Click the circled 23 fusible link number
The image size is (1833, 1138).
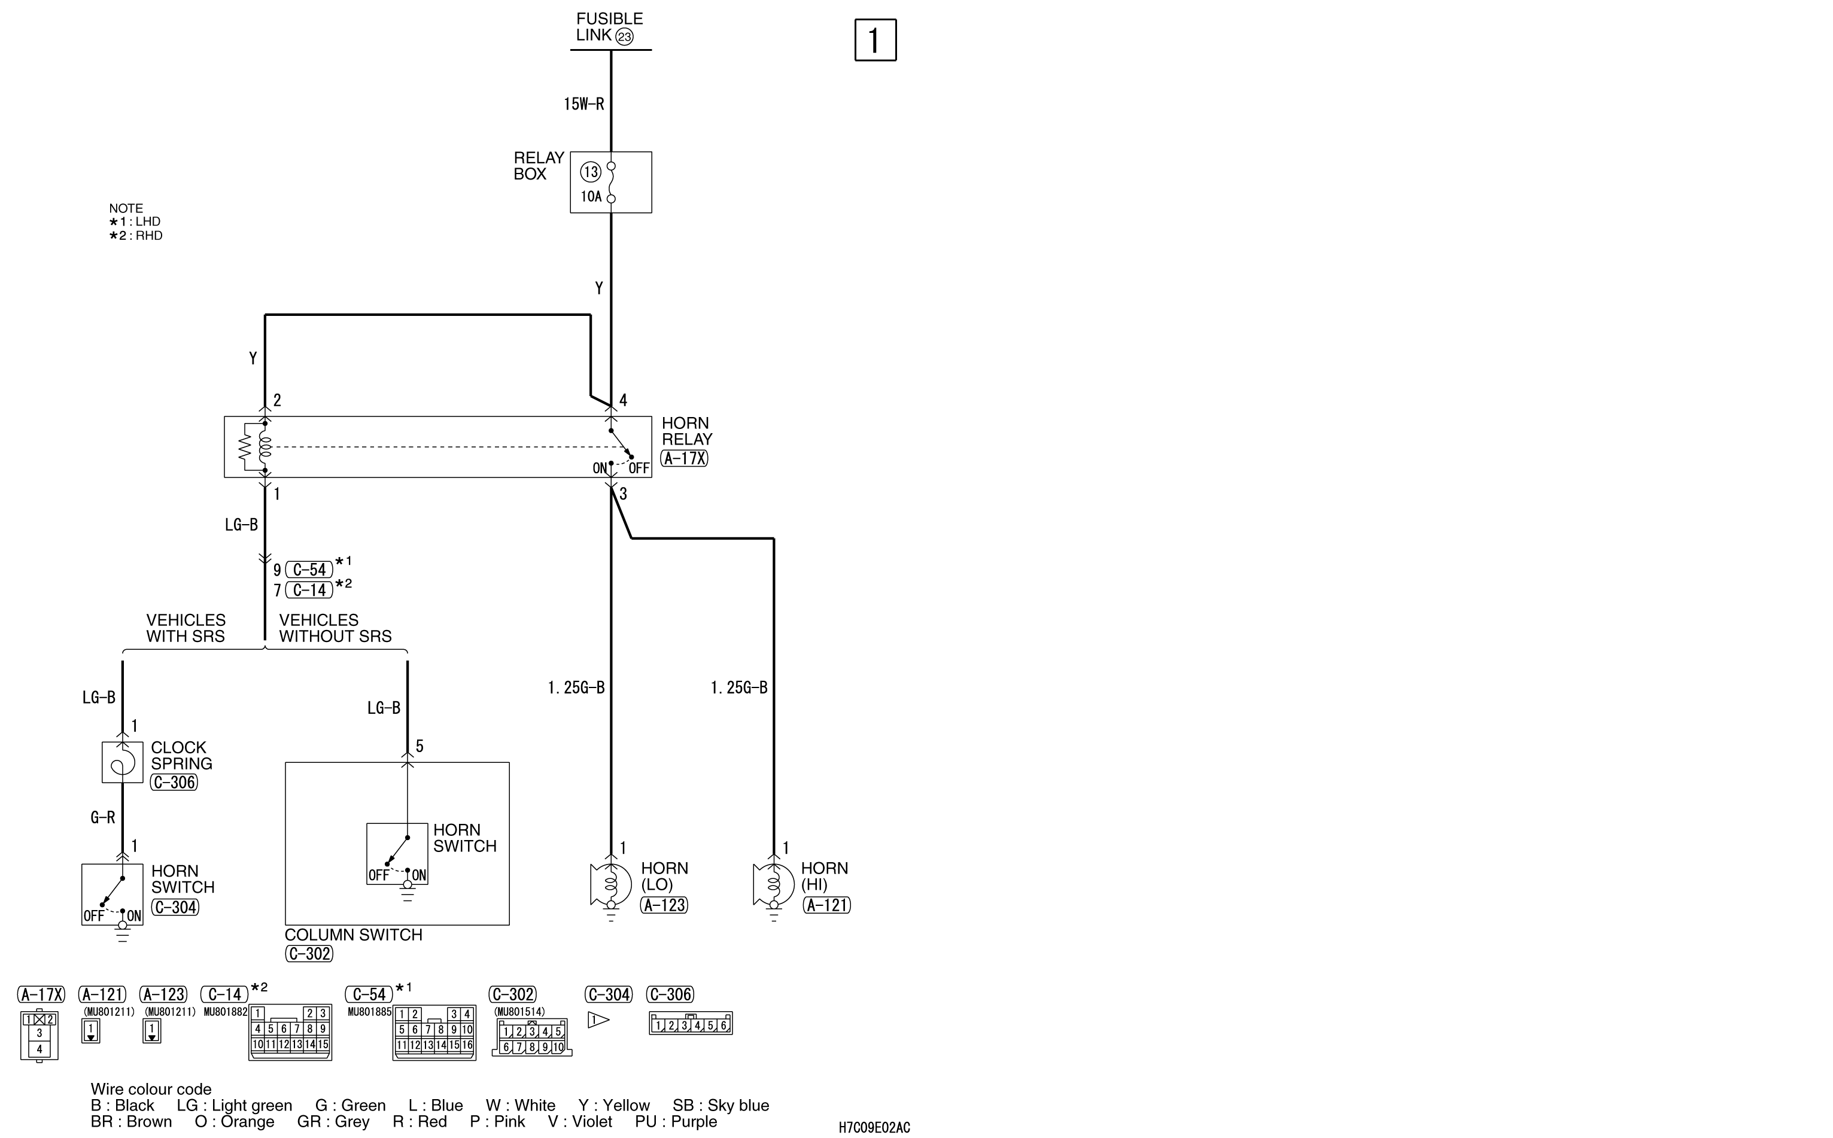(x=624, y=36)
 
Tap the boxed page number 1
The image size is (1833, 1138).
(x=876, y=40)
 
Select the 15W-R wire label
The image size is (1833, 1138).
(x=584, y=104)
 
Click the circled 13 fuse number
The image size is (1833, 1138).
(x=590, y=172)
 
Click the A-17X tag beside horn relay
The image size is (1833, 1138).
(x=684, y=458)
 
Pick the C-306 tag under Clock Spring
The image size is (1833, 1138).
(x=174, y=783)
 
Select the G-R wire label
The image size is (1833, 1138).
(x=102, y=817)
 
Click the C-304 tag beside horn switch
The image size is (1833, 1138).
(x=175, y=908)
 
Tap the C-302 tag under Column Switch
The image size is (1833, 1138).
(x=309, y=954)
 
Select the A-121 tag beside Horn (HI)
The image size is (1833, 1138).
(x=826, y=905)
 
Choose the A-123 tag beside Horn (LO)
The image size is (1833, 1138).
(x=664, y=905)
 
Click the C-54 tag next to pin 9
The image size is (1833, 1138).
(x=309, y=570)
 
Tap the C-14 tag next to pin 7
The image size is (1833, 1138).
(x=309, y=590)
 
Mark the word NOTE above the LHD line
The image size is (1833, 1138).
(x=126, y=208)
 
